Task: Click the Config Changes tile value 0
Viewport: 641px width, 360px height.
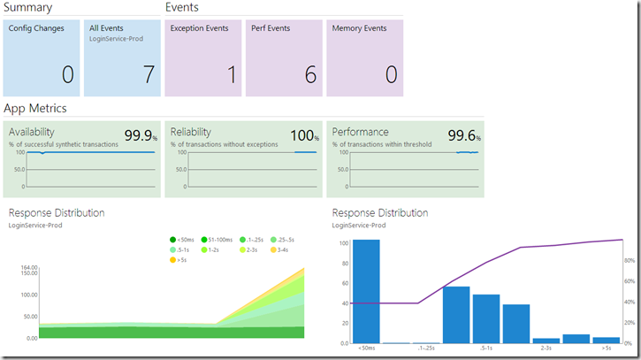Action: tap(68, 75)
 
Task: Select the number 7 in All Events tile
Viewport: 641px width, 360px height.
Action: tap(149, 75)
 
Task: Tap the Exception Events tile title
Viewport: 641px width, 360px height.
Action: tap(199, 28)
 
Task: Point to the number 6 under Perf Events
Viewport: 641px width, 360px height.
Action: tap(310, 75)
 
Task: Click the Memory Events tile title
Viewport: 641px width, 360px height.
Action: tap(359, 28)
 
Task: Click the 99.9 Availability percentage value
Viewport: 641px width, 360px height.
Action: tap(138, 135)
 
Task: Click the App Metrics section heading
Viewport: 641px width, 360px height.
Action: tap(35, 109)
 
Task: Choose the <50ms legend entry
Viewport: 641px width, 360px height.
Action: tap(182, 240)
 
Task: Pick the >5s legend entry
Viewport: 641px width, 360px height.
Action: tap(179, 260)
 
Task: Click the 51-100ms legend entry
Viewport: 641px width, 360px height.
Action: tap(217, 240)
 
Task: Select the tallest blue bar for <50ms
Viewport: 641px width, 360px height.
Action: tap(366, 291)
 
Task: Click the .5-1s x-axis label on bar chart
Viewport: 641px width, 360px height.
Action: tap(486, 349)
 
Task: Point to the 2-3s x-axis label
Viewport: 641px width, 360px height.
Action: tap(546, 349)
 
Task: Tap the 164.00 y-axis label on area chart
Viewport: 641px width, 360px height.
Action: tap(29, 267)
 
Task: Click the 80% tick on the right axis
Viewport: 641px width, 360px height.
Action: tap(630, 261)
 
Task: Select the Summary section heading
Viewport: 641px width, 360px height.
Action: tap(27, 7)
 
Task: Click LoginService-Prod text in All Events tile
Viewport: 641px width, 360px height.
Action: tap(116, 39)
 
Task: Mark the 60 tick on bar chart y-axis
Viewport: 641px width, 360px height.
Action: tap(345, 283)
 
